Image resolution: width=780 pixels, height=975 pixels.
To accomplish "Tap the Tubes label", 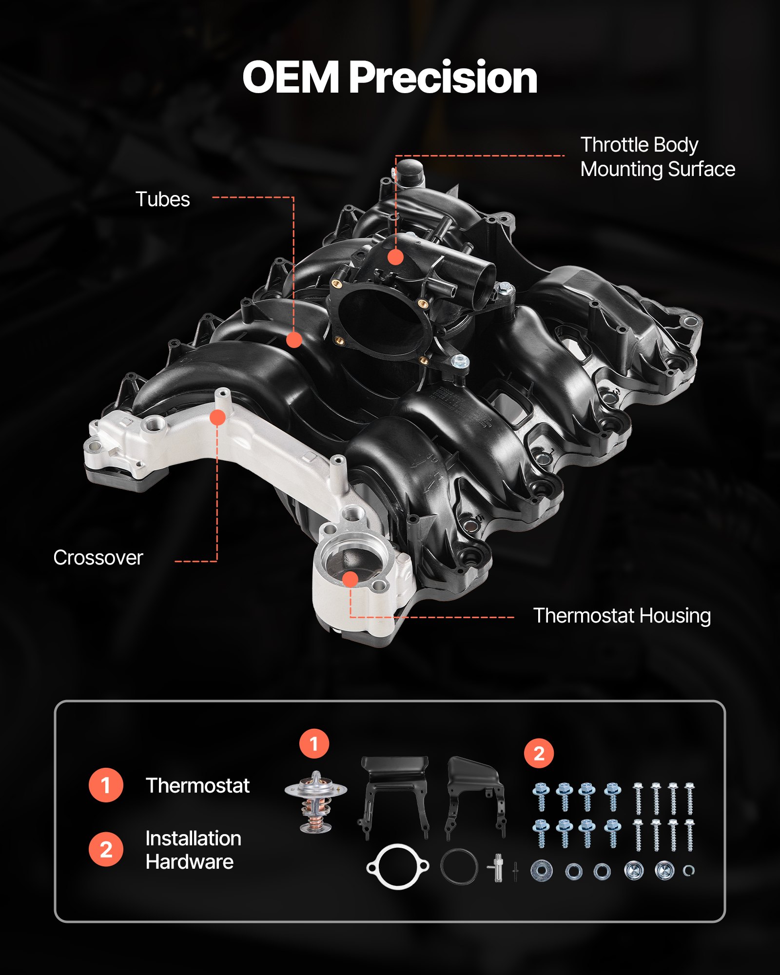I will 162,199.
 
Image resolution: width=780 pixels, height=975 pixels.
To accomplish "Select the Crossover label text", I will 98,558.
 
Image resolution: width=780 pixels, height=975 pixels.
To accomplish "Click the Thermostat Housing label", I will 622,616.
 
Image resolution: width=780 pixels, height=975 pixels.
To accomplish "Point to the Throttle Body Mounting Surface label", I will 657,157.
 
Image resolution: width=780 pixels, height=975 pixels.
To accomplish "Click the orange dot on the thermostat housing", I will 350,579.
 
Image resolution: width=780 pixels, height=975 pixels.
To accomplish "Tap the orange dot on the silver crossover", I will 217,417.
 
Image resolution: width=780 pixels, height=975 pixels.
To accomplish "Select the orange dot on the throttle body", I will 395,257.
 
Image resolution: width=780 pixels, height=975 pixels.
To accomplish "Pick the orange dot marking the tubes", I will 294,340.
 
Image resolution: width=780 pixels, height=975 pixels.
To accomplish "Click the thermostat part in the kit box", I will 316,802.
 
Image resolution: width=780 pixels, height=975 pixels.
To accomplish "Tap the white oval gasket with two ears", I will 398,867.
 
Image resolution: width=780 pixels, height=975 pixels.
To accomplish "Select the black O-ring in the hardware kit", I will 459,866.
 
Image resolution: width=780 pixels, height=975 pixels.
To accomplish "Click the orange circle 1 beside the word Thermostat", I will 106,785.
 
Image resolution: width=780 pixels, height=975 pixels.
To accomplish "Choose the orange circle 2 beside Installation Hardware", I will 106,849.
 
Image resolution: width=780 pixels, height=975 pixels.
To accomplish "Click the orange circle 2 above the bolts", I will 539,754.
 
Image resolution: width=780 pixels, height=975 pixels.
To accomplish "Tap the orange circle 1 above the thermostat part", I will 314,744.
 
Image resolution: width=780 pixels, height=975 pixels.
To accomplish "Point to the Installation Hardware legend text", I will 193,850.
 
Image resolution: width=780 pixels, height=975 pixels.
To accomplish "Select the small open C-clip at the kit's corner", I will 688,870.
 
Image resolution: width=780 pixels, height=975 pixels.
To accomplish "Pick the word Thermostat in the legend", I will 197,786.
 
